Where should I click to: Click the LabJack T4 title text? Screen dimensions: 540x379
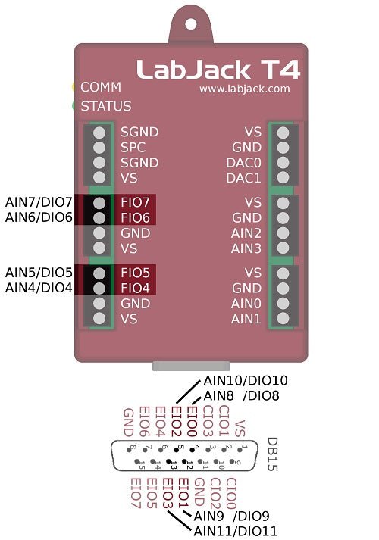tap(218, 70)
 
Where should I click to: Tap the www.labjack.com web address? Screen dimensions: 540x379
tap(245, 89)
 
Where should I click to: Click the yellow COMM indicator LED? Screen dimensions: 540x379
tap(74, 87)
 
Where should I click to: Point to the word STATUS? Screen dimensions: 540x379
tap(106, 106)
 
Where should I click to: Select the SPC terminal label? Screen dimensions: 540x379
tap(133, 147)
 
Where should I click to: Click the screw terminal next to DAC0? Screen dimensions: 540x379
tap(283, 163)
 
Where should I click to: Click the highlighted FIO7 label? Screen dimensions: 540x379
tap(136, 202)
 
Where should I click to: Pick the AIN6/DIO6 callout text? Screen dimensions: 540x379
tap(39, 217)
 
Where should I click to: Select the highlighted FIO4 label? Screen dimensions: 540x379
tap(136, 288)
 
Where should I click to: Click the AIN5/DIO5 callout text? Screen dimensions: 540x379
tap(39, 272)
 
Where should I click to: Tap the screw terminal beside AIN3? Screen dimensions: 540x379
tap(283, 248)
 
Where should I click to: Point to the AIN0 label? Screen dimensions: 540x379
tap(246, 304)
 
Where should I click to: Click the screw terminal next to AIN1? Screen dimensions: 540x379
tap(283, 319)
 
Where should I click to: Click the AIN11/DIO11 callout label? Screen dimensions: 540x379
tap(236, 530)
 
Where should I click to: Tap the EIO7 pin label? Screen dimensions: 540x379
tap(135, 493)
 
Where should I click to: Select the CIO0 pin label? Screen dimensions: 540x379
tap(231, 493)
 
